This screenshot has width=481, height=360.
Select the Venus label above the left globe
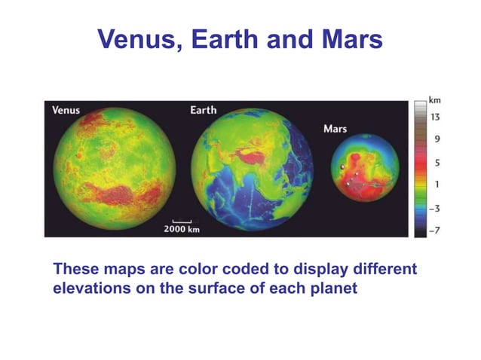(66, 111)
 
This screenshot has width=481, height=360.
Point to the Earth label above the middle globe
(203, 111)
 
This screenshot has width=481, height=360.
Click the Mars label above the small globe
(335, 129)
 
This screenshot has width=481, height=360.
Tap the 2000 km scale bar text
(182, 228)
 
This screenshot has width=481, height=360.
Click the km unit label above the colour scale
(434, 99)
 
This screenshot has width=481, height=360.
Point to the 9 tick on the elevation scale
(437, 139)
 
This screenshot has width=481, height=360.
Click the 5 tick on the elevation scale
(437, 162)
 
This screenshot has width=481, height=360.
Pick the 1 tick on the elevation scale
(437, 184)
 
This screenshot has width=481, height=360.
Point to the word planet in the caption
(332, 288)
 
